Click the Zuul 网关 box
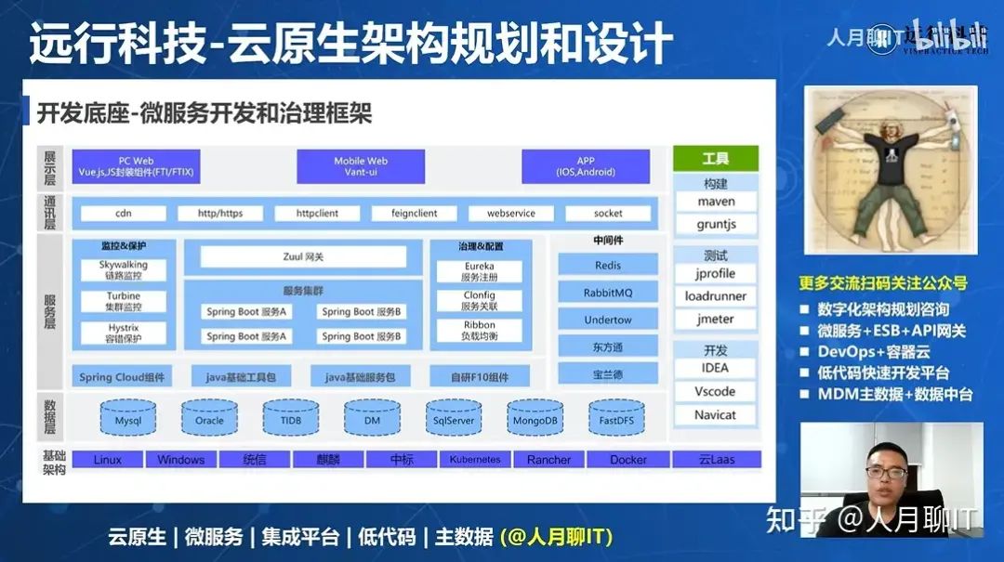[303, 256]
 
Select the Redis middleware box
[608, 266]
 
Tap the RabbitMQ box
[608, 293]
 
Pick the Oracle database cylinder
[209, 419]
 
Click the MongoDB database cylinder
[535, 419]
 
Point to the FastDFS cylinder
[616, 419]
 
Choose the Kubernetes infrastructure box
[474, 460]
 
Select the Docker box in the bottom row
[628, 460]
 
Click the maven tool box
[716, 202]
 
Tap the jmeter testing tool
[716, 319]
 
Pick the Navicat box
[716, 415]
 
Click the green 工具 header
[716, 159]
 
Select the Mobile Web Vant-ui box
[361, 166]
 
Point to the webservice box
[511, 214]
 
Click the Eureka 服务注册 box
[480, 271]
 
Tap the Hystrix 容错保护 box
[124, 333]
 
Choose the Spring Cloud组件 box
[122, 377]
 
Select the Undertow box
[608, 320]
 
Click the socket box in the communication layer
[608, 214]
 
